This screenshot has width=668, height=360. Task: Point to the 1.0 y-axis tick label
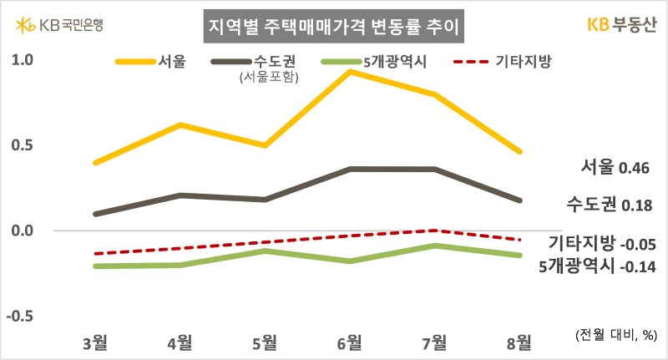click(22, 61)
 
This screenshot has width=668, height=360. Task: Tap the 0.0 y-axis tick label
click(22, 231)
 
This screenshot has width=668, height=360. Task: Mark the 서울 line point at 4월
click(181, 125)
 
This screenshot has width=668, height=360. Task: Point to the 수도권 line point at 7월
click(435, 170)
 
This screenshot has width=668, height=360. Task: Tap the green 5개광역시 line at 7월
click(435, 246)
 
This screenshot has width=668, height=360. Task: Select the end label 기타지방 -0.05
click(601, 245)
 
